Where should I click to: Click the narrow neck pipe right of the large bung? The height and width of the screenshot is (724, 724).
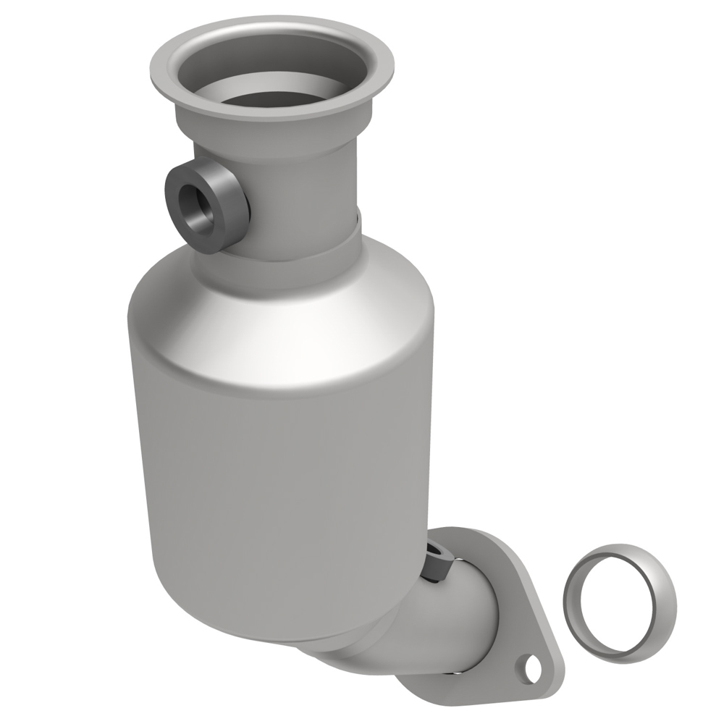click(x=304, y=210)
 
